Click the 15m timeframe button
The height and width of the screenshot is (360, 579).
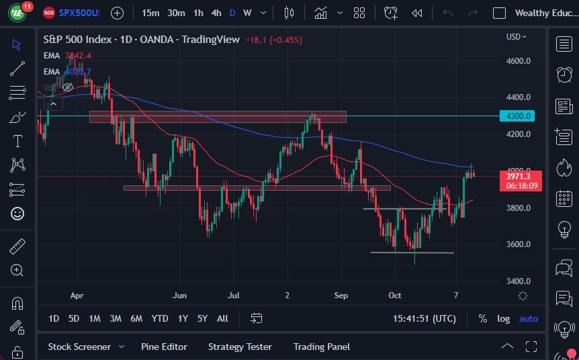click(151, 13)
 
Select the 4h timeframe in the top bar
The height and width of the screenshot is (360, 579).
click(216, 13)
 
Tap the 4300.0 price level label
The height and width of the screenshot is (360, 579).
click(519, 116)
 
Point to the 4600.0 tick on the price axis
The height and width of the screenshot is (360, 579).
click(519, 60)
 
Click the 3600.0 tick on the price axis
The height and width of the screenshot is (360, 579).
click(519, 244)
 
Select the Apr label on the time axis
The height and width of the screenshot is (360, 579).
click(76, 295)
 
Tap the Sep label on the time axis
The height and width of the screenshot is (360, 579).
click(341, 295)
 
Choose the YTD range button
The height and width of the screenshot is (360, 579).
click(160, 318)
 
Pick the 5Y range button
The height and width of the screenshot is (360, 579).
click(202, 318)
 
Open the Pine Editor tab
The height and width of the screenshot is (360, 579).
click(164, 347)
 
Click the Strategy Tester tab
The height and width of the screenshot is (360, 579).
click(240, 347)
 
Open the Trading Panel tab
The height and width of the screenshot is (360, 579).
click(322, 347)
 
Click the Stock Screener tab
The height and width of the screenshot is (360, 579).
click(79, 347)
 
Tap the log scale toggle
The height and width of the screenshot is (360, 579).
click(503, 318)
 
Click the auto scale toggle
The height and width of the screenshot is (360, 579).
click(529, 318)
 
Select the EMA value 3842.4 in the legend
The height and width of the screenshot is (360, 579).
click(78, 55)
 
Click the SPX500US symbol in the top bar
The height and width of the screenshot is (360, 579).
click(79, 13)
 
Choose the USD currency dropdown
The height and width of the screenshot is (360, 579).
click(516, 37)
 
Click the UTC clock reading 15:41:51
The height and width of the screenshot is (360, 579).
click(425, 318)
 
